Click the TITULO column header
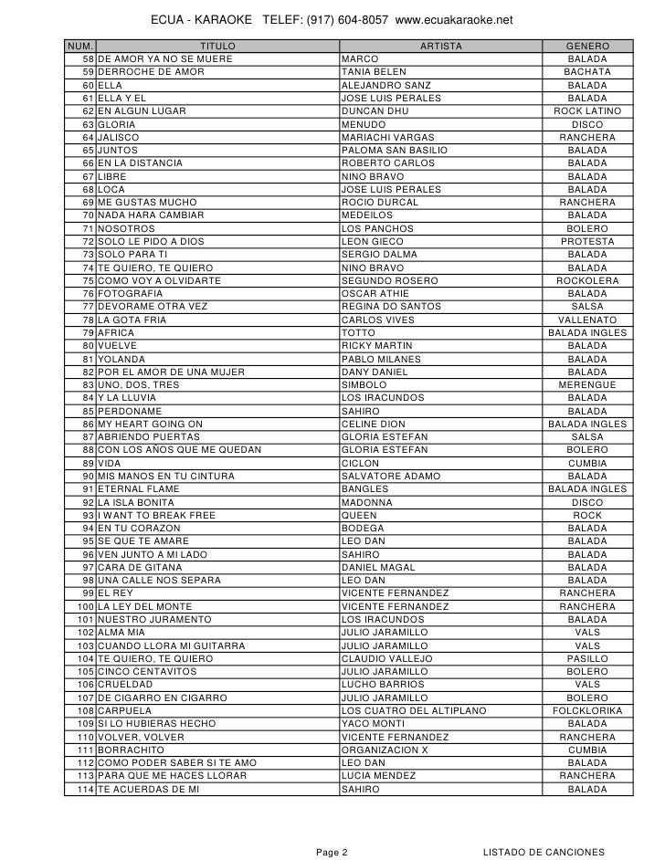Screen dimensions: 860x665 pos(216,47)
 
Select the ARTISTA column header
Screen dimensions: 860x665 pos(440,47)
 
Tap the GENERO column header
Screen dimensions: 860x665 pos(586,47)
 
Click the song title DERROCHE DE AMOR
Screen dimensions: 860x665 pos(151,72)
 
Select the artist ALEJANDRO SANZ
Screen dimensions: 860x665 pos(379,86)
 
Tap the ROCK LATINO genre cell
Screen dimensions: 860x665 pos(586,111)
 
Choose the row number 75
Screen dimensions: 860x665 pos(88,281)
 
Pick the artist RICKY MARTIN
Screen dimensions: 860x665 pos(376,346)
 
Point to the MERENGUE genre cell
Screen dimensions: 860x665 pos(586,385)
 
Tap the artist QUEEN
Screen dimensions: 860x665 pos(357,516)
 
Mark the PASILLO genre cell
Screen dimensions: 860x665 pos(586,658)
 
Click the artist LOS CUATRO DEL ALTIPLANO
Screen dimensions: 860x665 pos(413,710)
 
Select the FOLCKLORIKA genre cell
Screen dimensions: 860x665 pos(586,710)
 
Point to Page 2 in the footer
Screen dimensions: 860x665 pos(332,852)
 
